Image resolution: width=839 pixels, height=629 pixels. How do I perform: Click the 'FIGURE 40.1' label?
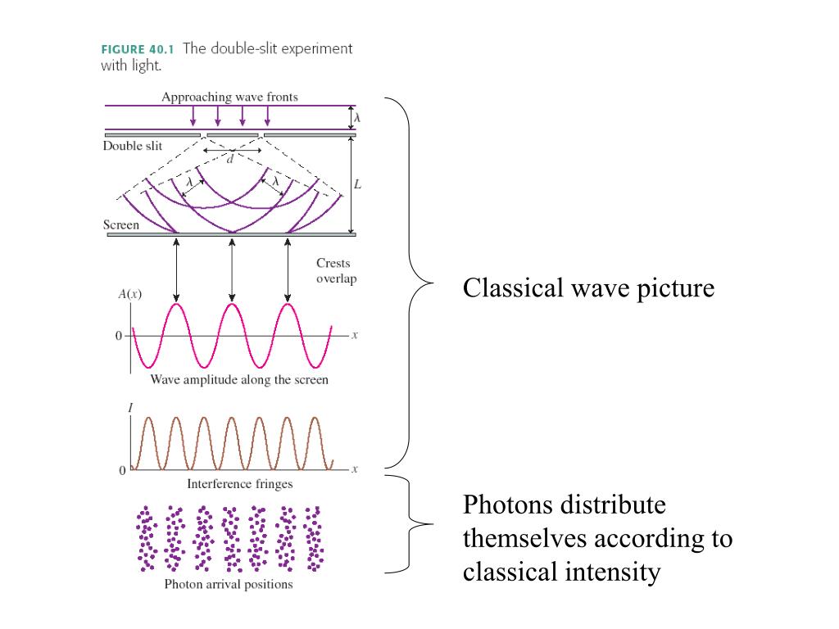click(137, 49)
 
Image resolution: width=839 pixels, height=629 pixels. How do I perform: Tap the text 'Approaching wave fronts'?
click(229, 97)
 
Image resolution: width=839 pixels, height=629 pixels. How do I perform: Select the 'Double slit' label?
click(132, 146)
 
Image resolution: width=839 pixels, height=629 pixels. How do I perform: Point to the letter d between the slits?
click(230, 160)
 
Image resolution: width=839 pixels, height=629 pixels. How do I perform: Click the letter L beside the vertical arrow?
click(357, 185)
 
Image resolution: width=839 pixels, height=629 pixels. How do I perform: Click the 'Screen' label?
click(120, 224)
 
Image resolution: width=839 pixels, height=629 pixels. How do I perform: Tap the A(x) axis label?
click(129, 294)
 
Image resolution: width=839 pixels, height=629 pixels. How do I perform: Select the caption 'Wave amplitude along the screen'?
click(239, 380)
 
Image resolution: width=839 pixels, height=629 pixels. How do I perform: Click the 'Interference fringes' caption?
click(239, 483)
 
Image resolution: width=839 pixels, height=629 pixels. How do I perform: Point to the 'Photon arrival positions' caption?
click(229, 585)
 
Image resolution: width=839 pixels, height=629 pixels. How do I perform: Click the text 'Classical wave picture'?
click(588, 288)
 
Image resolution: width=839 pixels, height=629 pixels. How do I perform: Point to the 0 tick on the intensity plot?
click(122, 471)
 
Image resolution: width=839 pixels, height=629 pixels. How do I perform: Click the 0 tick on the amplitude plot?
click(118, 336)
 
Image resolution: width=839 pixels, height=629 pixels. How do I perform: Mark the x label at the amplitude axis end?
click(355, 336)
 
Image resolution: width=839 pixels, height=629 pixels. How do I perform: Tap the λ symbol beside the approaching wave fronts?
click(358, 118)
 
